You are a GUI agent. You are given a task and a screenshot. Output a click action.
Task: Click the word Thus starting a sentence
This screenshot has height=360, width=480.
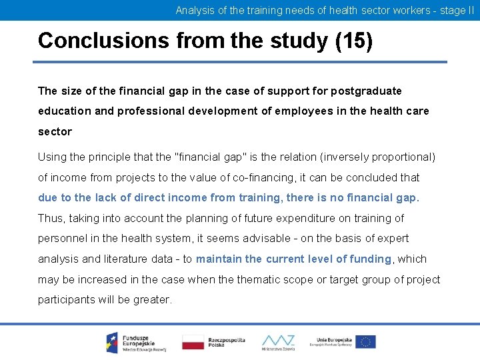(51, 218)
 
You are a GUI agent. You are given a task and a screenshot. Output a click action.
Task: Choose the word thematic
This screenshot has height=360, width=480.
(255, 279)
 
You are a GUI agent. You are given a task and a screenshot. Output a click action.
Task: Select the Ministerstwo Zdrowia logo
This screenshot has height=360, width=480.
(278, 341)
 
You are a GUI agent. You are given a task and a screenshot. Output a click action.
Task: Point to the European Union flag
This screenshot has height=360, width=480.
(365, 342)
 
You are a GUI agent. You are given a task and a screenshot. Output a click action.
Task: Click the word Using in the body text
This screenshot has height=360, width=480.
(52, 157)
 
